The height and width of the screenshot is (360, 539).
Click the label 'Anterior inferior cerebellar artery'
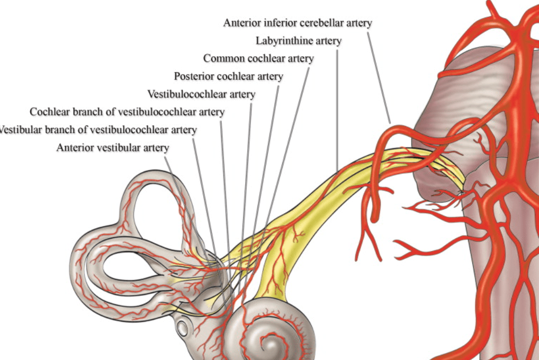pos(298,23)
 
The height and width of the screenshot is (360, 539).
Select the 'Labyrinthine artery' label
pos(298,40)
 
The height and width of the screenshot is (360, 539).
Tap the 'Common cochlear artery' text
pos(258,58)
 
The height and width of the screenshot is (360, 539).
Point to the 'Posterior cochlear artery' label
pos(228,76)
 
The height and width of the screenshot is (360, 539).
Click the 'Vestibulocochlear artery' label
pos(201,94)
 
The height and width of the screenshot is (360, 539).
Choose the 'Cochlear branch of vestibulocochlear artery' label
pos(127,112)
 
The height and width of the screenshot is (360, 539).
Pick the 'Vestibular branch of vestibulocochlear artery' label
pos(98,129)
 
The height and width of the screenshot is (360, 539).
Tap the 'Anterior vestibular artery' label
pos(113,147)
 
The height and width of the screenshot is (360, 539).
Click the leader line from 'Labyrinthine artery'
pos(337,106)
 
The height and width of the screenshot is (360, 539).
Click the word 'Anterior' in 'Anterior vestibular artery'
pos(75,147)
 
